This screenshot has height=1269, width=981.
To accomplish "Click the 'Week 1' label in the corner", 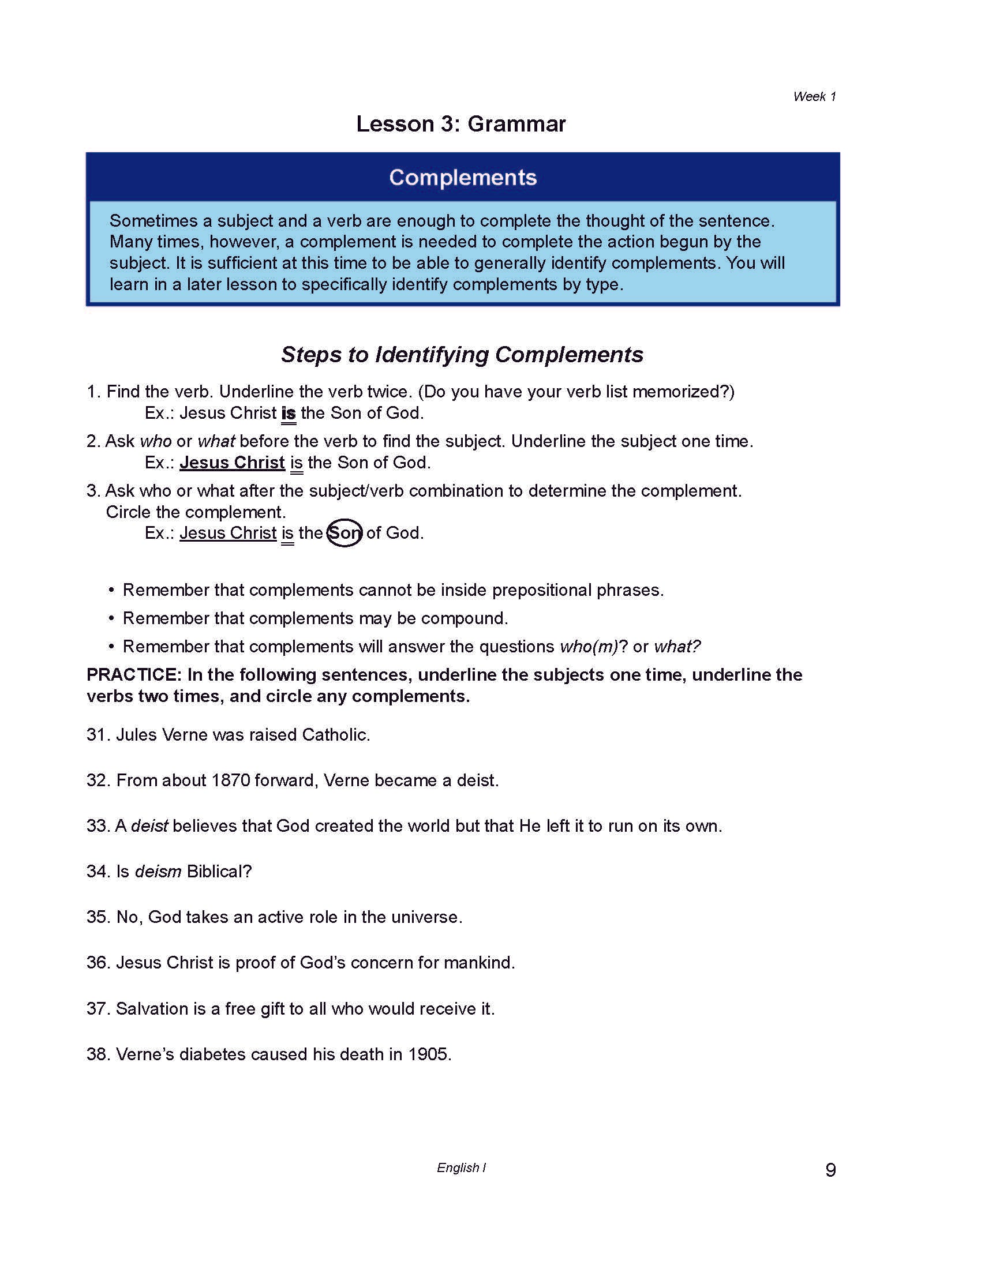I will pyautogui.click(x=814, y=96).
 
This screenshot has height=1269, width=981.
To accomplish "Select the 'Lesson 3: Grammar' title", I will pyautogui.click(x=460, y=124).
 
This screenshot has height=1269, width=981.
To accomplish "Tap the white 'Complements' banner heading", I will pyautogui.click(x=463, y=177).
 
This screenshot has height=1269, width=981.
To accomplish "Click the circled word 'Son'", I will pyautogui.click(x=345, y=533).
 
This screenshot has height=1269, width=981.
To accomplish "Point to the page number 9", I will pyautogui.click(x=830, y=1170).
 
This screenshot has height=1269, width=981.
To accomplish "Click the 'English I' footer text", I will pyautogui.click(x=461, y=1167).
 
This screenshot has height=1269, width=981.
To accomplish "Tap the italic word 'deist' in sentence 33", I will pyautogui.click(x=149, y=825).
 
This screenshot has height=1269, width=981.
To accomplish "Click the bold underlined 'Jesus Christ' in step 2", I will pyautogui.click(x=232, y=462).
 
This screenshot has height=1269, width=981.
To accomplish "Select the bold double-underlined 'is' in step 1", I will pyautogui.click(x=289, y=413).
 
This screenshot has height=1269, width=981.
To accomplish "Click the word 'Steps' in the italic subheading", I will pyautogui.click(x=312, y=354).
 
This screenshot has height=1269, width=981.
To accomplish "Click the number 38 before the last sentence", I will pyautogui.click(x=98, y=1054).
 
